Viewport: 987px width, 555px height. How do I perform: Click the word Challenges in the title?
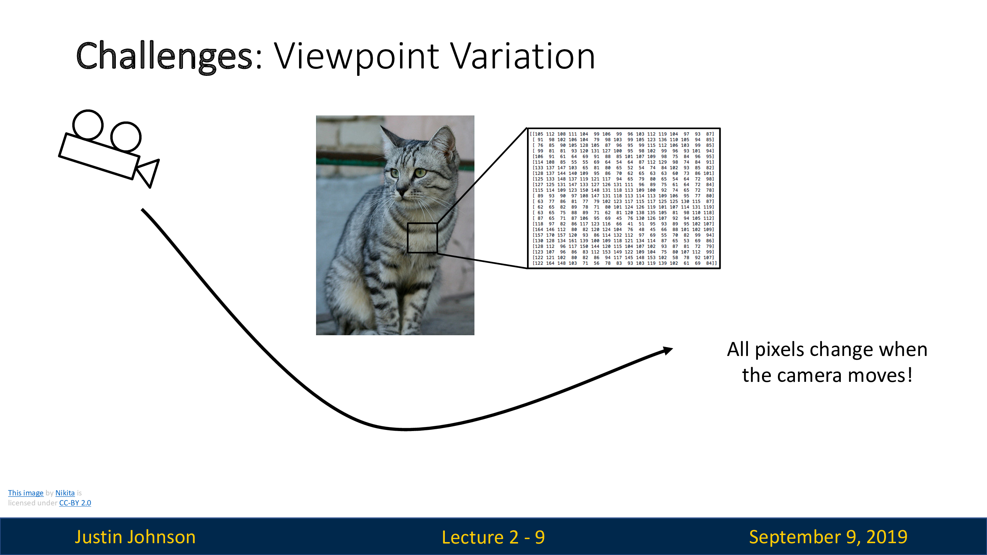165,56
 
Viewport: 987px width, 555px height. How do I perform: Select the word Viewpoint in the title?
357,56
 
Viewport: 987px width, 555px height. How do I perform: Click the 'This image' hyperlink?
26,493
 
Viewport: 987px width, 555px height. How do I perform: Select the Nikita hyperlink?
65,493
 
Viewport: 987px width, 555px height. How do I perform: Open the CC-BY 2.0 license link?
75,503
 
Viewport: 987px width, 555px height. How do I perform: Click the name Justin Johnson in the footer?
135,536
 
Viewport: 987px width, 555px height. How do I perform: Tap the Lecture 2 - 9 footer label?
493,537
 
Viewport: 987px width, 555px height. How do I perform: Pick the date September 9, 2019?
828,537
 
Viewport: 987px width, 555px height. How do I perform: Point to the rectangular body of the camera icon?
99,156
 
